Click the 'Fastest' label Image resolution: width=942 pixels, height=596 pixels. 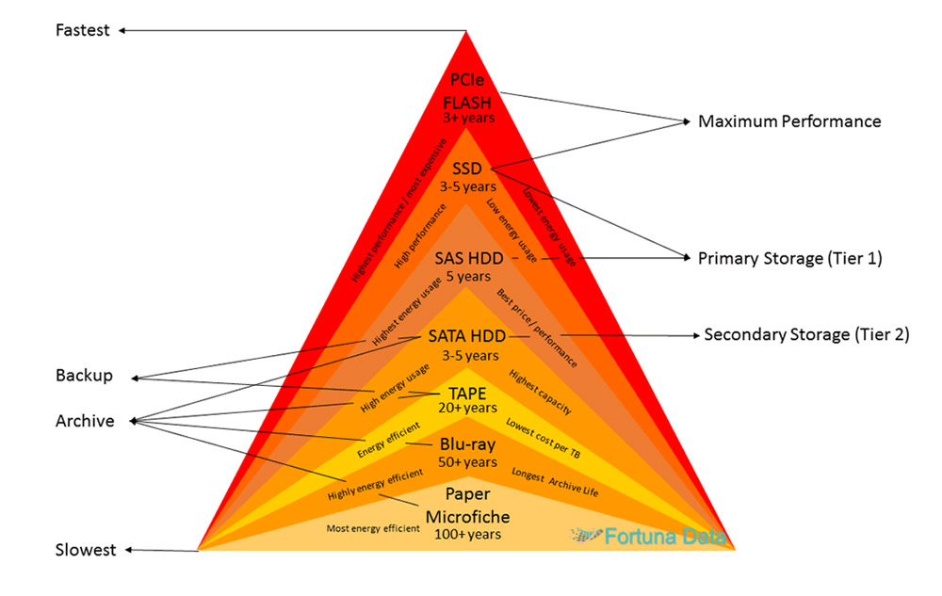(83, 30)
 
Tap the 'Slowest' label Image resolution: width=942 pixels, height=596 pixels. (86, 550)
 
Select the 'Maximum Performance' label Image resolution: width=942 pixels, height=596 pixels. (789, 121)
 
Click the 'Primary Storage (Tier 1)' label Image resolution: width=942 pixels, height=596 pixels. (789, 258)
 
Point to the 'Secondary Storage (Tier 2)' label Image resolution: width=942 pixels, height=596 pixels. (806, 334)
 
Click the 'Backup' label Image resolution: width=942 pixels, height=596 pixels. (84, 376)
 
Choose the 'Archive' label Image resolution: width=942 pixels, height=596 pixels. (85, 421)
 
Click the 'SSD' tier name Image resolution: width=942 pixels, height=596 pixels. (466, 169)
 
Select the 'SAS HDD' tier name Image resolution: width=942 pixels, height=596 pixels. (469, 257)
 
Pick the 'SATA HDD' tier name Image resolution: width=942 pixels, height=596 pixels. (466, 336)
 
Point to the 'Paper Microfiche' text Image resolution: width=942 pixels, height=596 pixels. (468, 506)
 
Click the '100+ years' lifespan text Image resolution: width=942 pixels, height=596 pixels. (468, 534)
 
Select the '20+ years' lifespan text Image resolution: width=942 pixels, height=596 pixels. (467, 409)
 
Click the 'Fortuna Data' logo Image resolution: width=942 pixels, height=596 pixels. (648, 537)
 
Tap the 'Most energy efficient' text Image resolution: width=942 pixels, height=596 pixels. (373, 528)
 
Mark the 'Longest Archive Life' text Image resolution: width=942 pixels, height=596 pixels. (554, 482)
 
